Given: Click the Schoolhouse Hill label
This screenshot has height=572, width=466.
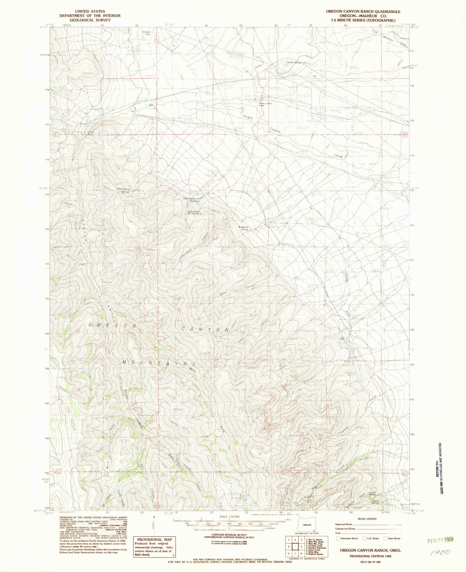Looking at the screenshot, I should [298, 63].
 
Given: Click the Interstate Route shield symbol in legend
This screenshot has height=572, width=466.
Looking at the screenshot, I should [337, 538].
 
